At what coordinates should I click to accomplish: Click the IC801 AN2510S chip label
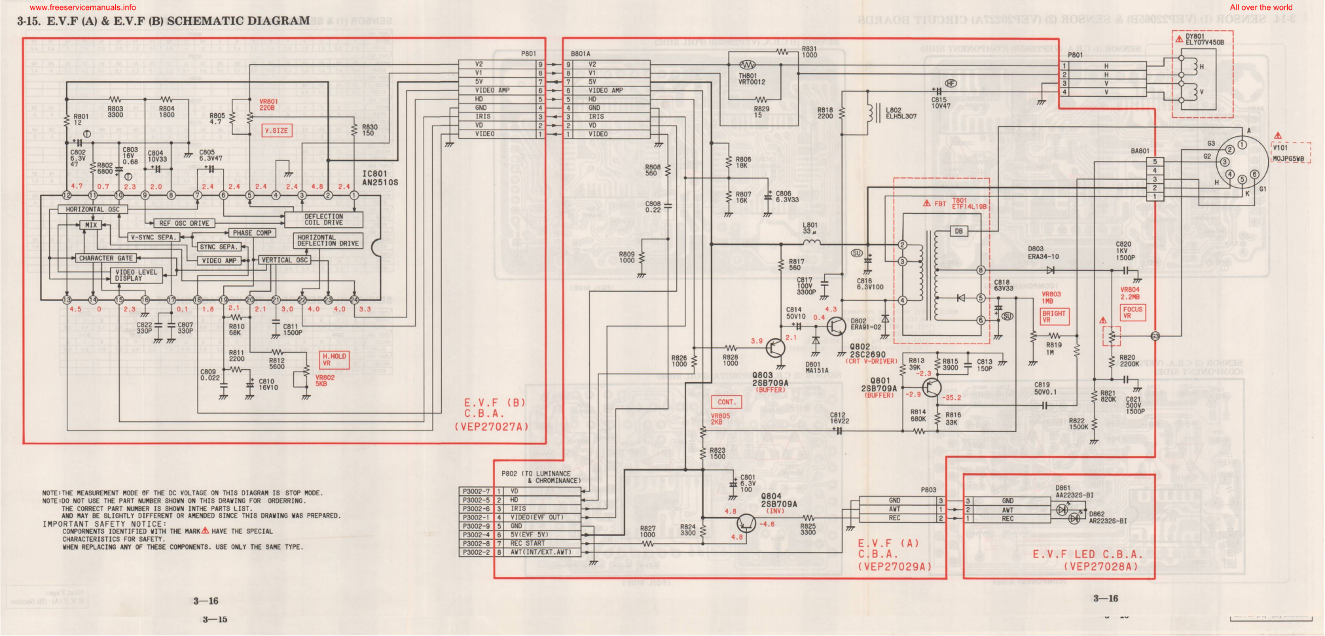(x=379, y=178)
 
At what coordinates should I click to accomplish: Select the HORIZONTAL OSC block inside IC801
(x=92, y=209)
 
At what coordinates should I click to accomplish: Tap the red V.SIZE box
(x=276, y=131)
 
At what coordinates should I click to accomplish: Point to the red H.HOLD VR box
(x=334, y=360)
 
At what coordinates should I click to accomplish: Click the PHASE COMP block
(x=251, y=233)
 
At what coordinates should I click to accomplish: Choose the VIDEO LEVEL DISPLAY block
(x=136, y=275)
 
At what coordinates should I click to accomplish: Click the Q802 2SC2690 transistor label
(x=868, y=351)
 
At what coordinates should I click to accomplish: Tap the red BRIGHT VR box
(x=1054, y=317)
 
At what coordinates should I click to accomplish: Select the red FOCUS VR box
(x=1133, y=313)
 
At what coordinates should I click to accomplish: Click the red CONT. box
(x=726, y=402)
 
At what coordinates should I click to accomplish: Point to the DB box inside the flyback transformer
(x=958, y=231)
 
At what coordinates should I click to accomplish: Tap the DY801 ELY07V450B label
(x=1204, y=40)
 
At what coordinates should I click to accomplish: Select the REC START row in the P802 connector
(x=527, y=543)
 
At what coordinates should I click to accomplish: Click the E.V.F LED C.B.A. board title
(x=1087, y=560)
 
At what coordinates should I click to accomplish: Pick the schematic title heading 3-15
(x=164, y=21)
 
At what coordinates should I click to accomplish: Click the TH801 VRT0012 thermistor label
(x=751, y=79)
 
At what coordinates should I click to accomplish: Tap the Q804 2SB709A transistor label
(x=779, y=500)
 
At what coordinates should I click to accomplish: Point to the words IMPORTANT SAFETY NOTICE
(x=105, y=524)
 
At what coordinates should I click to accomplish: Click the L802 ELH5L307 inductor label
(x=901, y=113)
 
